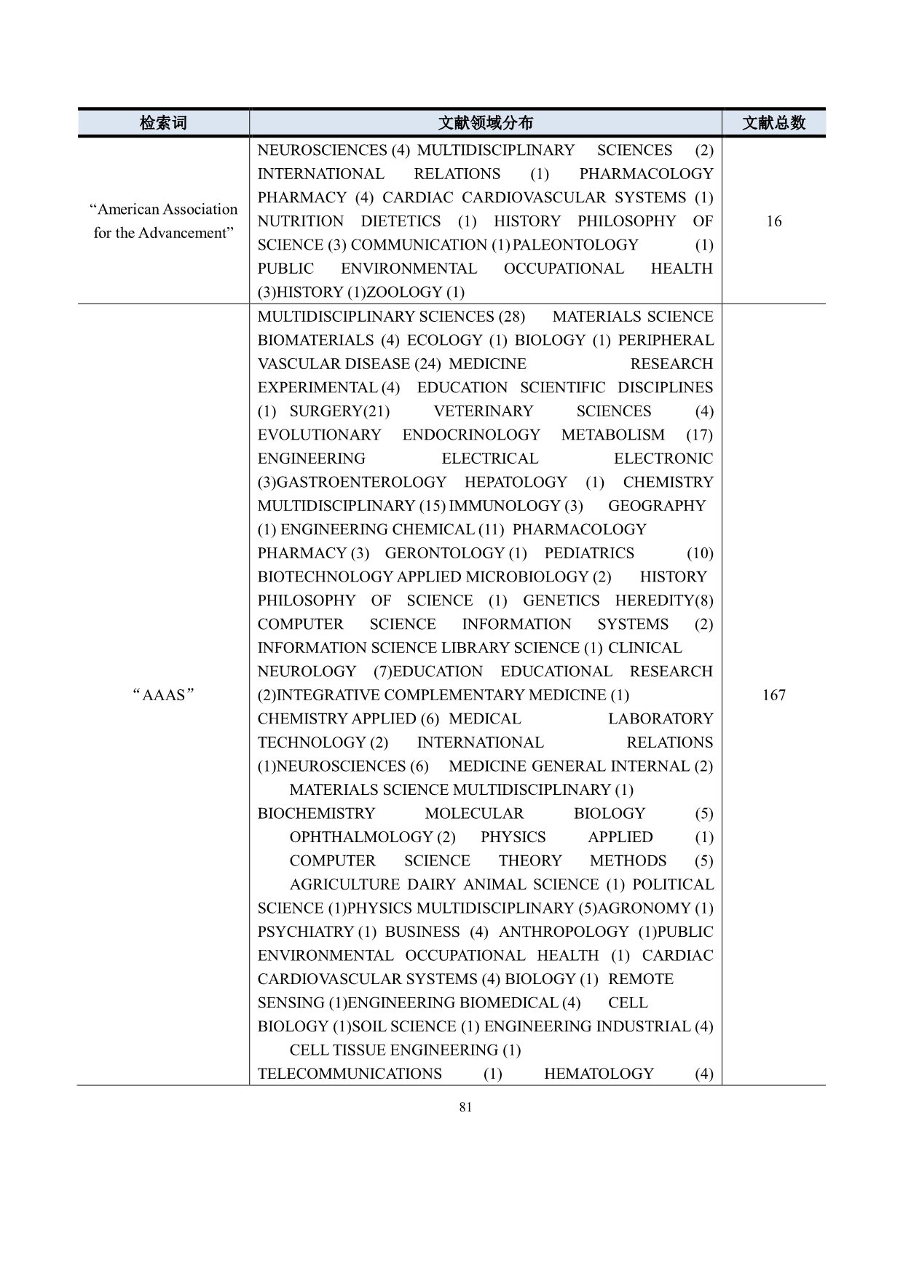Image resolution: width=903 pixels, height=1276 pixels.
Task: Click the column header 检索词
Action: point(163,123)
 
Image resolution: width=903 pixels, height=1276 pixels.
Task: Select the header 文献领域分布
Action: point(485,123)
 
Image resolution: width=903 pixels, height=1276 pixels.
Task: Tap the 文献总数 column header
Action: point(773,123)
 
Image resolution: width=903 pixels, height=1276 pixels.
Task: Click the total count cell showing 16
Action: point(773,221)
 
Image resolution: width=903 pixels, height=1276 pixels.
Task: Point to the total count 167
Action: point(773,695)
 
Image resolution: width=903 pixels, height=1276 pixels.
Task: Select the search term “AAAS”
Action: point(163,695)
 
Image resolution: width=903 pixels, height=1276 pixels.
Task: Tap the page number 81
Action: point(466,1107)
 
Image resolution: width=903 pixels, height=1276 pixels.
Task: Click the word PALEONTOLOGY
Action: point(575,245)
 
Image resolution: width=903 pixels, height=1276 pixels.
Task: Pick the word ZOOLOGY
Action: point(405,293)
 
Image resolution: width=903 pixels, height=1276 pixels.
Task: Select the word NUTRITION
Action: point(300,221)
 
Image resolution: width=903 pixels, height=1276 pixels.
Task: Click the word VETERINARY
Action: point(483,411)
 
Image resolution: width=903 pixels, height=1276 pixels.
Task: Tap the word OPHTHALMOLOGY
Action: point(360,837)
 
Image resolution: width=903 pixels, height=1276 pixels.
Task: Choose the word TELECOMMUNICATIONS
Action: point(350,1074)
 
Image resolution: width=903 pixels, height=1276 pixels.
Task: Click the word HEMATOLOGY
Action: point(599,1074)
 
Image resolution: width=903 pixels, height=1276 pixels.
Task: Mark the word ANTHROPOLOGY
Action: point(563,932)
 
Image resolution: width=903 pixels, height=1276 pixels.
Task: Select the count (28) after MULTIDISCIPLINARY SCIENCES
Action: point(511,317)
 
